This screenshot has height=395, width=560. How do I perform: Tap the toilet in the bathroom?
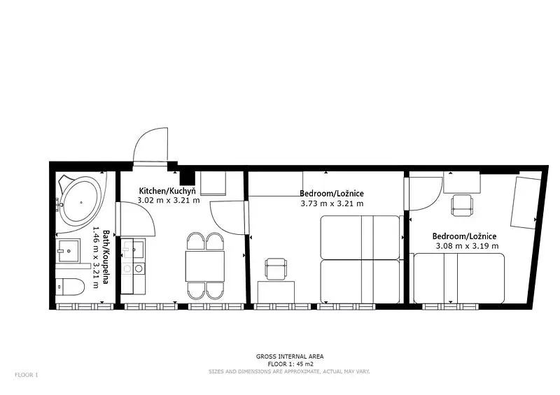[x=71, y=287]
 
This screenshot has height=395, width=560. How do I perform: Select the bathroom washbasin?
[x=68, y=251]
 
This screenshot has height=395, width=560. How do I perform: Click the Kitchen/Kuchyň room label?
[x=167, y=191]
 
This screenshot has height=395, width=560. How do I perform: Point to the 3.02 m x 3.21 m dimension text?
[x=169, y=200]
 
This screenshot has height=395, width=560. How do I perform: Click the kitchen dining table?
[x=205, y=266]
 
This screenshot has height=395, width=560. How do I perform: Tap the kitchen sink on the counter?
[x=133, y=248]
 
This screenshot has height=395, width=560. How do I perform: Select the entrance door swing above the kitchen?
[x=150, y=145]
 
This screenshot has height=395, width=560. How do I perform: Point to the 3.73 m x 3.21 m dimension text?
[x=332, y=203]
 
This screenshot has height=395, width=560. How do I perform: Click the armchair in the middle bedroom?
[x=276, y=268]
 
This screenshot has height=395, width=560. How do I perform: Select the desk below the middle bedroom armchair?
[x=276, y=292]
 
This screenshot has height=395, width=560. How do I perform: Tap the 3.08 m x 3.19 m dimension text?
[x=467, y=246]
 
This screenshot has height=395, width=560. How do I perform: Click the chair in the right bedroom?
[x=462, y=205]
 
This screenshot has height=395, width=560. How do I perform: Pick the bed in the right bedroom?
[x=459, y=278]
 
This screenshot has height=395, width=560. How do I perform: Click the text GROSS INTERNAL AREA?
[x=290, y=356]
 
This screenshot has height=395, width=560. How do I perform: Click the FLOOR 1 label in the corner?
[x=27, y=375]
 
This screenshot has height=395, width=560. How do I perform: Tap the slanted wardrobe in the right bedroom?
[x=525, y=202]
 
